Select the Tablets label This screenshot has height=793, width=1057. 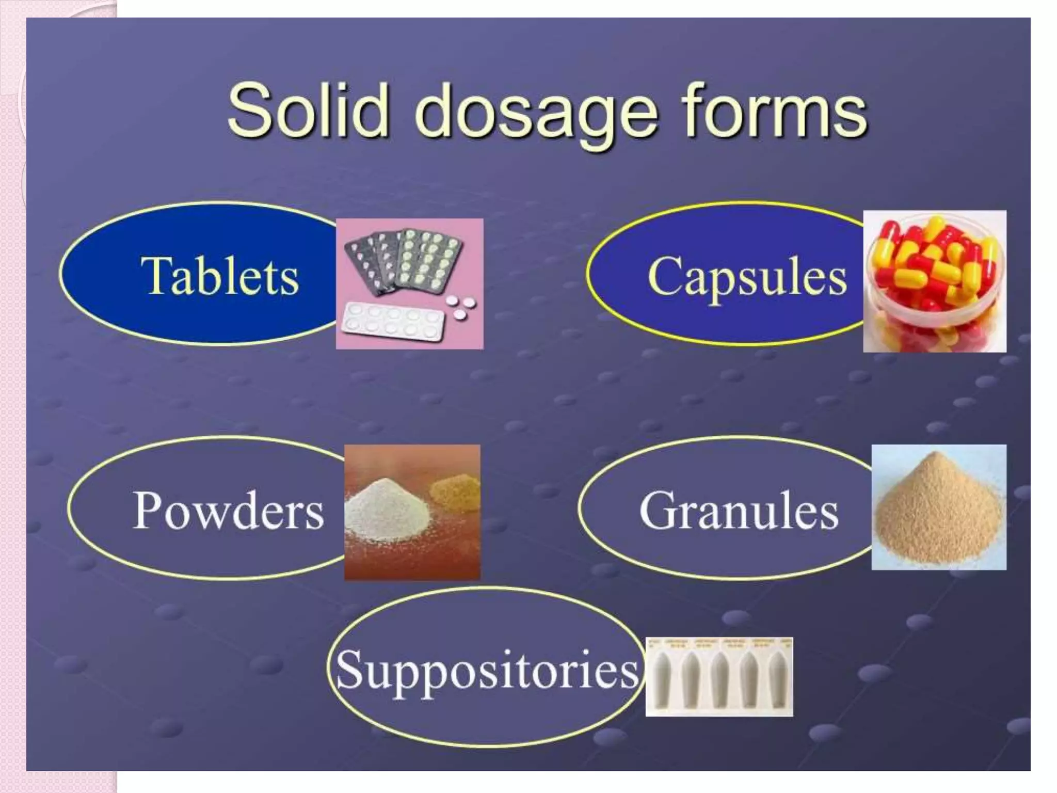pos(220,276)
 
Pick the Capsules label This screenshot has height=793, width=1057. pos(746,277)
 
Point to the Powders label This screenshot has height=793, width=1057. pos(228,511)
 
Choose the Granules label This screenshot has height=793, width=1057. pos(739,511)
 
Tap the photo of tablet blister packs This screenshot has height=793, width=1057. pos(409,283)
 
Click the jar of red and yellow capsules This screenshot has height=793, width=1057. pos(934,281)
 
